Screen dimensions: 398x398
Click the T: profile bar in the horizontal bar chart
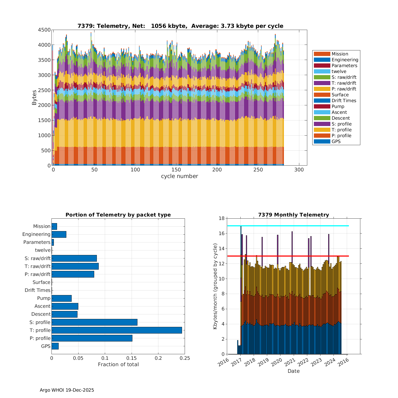click(x=117, y=330)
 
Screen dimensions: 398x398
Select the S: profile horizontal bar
click(x=94, y=322)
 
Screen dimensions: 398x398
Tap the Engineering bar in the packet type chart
click(x=59, y=234)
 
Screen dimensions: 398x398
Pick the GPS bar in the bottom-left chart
click(x=55, y=346)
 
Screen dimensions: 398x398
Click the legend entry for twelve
click(x=339, y=71)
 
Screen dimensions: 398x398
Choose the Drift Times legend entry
click(x=344, y=101)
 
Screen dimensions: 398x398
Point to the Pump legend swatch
click(x=322, y=106)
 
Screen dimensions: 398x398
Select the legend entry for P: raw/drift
click(x=344, y=89)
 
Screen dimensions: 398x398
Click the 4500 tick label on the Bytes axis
click(x=44, y=30)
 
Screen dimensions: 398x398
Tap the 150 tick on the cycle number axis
click(x=176, y=170)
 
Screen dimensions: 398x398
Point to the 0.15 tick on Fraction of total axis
click(x=132, y=358)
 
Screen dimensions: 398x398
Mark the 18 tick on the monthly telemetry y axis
click(x=221, y=218)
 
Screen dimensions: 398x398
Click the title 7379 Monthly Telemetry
click(x=293, y=215)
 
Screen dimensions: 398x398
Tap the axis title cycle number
click(x=179, y=176)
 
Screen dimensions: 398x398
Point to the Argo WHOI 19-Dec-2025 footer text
click(x=67, y=390)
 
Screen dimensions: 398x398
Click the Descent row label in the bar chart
click(x=41, y=314)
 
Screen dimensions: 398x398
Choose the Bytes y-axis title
click(x=34, y=98)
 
